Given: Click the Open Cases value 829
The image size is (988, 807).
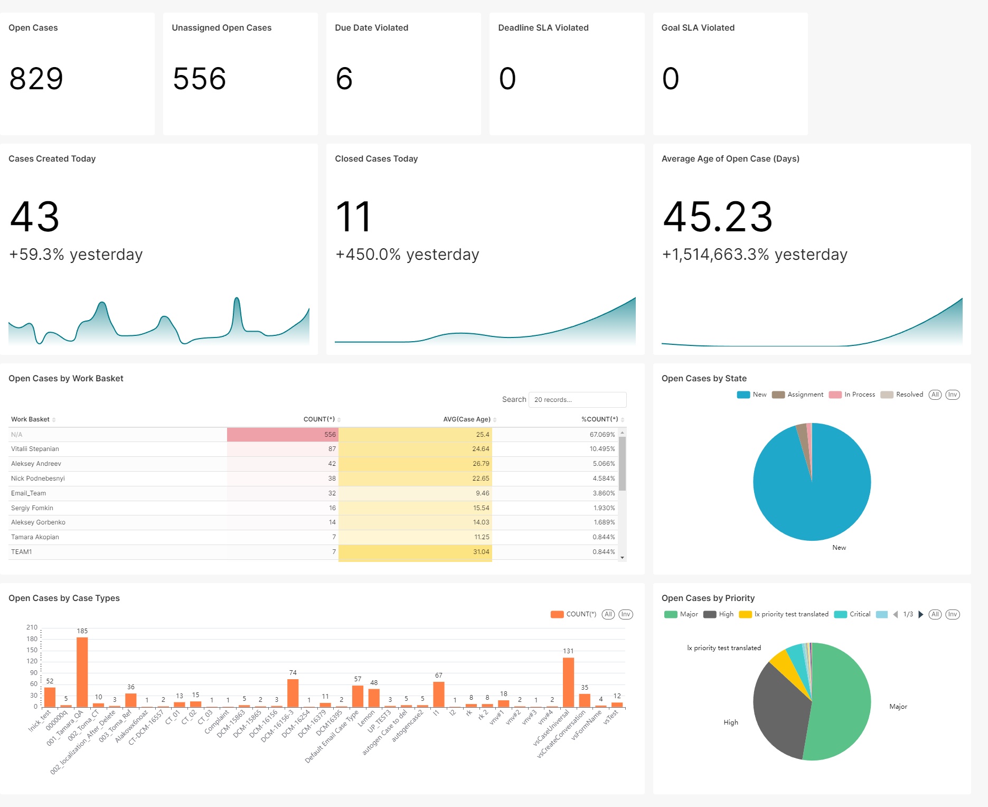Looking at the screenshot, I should pos(36,79).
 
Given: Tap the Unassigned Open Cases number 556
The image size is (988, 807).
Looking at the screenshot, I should pos(199,79).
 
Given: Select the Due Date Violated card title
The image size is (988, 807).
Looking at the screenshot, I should pos(371,27).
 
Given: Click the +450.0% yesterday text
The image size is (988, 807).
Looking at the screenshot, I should pos(407,255).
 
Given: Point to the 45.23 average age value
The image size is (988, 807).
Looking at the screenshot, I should pos(718,217).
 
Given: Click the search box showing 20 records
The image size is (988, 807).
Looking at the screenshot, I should pos(577,400).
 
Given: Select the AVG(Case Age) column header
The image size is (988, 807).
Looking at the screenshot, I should pos(466,419).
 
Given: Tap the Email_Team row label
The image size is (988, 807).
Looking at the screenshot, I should pos(29,493).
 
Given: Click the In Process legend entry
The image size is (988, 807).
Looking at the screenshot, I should pos(852,395).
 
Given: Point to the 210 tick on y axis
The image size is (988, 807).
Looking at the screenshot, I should pos(32,627).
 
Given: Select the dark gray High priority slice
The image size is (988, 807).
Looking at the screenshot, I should pos(779,708).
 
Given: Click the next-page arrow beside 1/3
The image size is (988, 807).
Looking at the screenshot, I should pos(921,614).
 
